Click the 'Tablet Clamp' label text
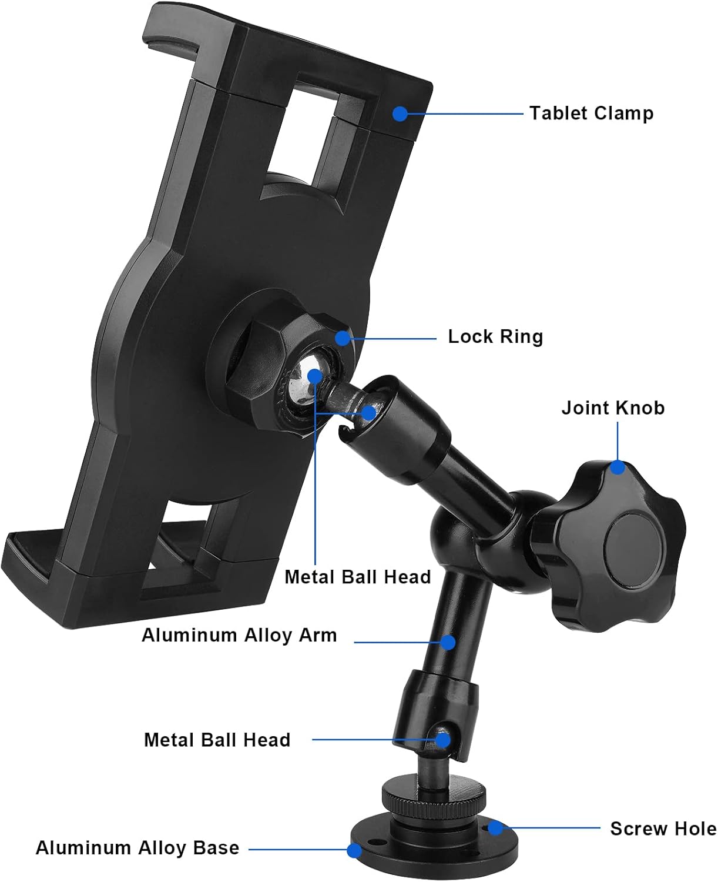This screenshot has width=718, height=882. click(x=591, y=113)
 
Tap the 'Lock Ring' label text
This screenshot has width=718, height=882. click(x=495, y=337)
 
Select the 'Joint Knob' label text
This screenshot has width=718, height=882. click(x=613, y=407)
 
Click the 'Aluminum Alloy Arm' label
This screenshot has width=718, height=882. click(x=239, y=635)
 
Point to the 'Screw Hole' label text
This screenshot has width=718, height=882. click(x=663, y=828)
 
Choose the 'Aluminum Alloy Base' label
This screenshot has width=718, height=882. click(x=137, y=848)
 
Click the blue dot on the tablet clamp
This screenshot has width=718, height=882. click(x=400, y=113)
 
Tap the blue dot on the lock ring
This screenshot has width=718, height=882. click(x=343, y=338)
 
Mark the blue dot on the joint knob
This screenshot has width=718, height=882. click(x=617, y=467)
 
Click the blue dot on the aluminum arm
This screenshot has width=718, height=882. click(x=448, y=642)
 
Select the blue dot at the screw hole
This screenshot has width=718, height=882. click(x=495, y=828)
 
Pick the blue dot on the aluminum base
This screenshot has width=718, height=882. click(x=354, y=850)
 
